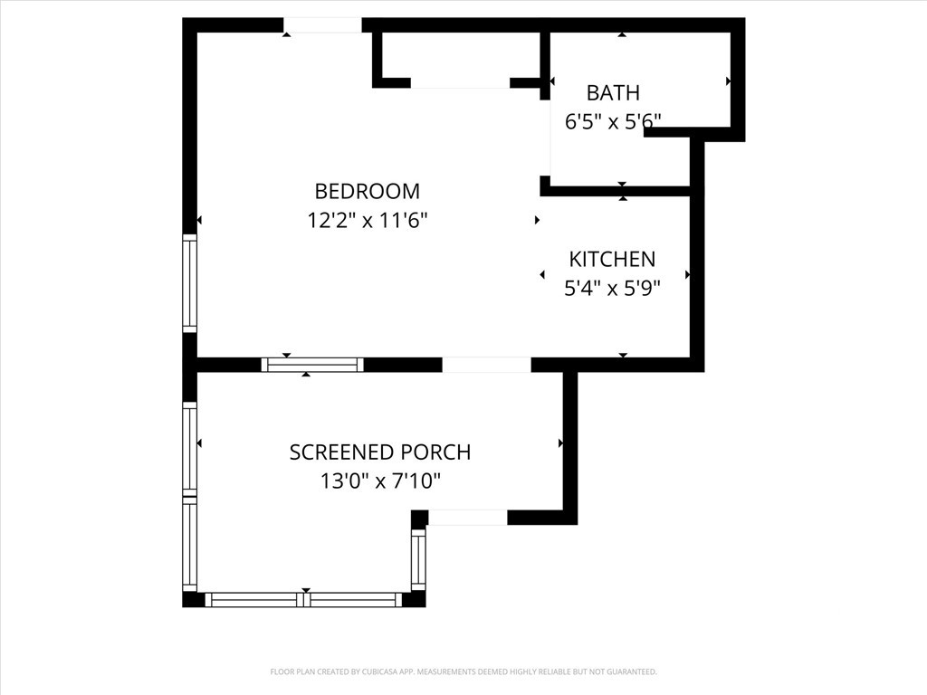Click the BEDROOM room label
(x=368, y=192)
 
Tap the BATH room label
(x=613, y=93)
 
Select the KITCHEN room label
(x=612, y=260)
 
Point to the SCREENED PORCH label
(x=380, y=452)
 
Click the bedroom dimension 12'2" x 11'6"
(x=368, y=221)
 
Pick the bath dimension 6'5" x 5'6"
(x=613, y=122)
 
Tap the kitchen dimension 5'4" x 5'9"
(x=612, y=289)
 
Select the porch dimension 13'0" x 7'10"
(x=380, y=481)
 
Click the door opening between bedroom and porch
(x=486, y=366)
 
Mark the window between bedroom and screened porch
(x=312, y=366)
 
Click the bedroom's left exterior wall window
(x=189, y=283)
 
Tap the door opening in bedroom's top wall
(x=322, y=25)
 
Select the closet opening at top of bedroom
(x=460, y=82)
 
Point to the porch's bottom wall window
(x=303, y=600)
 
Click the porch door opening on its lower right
(x=468, y=518)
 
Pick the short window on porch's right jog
(x=418, y=559)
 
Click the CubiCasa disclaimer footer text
(x=463, y=672)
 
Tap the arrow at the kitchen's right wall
(x=688, y=275)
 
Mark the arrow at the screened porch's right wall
(x=560, y=443)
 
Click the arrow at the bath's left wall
(x=552, y=81)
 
